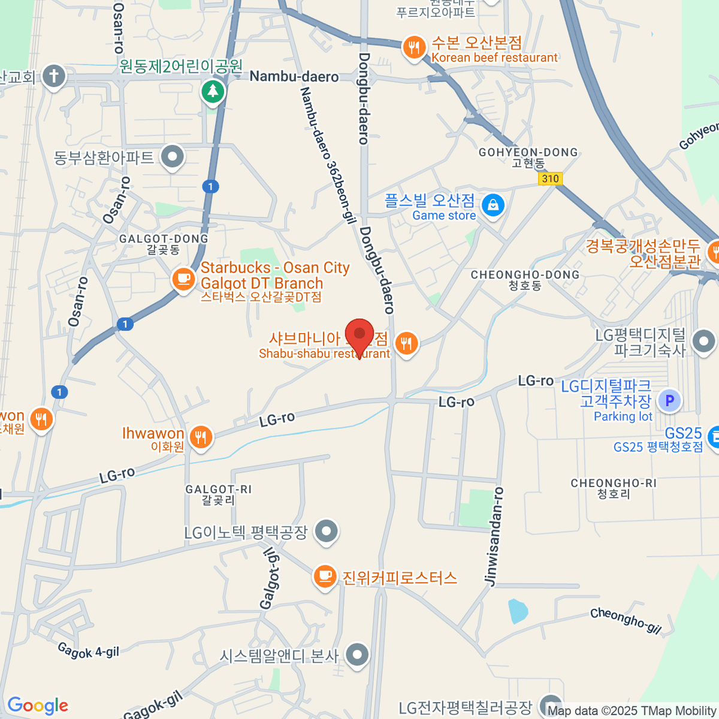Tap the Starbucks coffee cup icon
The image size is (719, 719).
[183, 279]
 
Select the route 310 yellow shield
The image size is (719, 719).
[550, 179]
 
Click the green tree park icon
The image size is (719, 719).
[212, 92]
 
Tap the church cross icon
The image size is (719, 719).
[54, 76]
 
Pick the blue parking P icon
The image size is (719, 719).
[669, 400]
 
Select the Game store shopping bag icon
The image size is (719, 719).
[493, 206]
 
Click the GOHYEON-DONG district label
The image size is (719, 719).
[528, 153]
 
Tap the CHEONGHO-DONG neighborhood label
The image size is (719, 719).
[525, 275]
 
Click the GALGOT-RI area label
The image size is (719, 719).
[218, 490]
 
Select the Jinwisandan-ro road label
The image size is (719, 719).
[494, 536]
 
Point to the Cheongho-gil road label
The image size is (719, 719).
[626, 620]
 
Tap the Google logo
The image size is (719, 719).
[38, 706]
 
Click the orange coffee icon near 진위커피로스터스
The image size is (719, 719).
[324, 576]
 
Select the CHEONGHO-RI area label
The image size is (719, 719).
[614, 483]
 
